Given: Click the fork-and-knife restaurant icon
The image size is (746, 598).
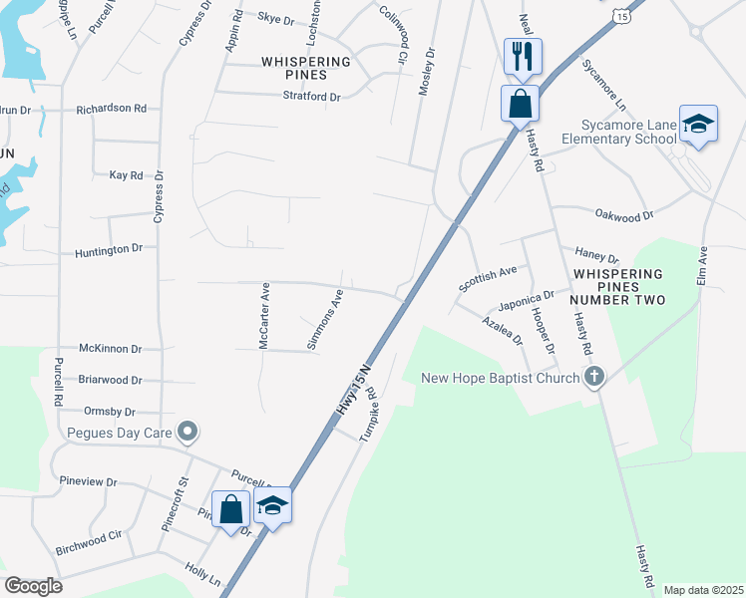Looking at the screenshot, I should (520, 56).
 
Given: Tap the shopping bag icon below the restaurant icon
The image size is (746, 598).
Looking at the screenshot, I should (520, 103).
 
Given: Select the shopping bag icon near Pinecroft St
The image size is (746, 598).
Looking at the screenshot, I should (231, 509).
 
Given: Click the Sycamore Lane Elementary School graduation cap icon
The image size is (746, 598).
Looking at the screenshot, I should (698, 124).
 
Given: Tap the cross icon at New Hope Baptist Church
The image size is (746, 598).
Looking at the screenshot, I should (594, 377).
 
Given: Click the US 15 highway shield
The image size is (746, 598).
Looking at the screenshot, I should (623, 17).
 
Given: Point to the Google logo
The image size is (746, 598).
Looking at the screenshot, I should (34, 585).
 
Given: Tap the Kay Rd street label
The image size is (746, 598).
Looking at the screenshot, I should (126, 174).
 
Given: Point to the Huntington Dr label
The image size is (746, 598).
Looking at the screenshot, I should (109, 248).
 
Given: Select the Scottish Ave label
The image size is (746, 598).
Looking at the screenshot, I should (488, 278).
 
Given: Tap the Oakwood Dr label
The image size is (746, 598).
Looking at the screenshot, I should (623, 214).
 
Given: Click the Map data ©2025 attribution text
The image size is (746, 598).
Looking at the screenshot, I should (702, 590).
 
